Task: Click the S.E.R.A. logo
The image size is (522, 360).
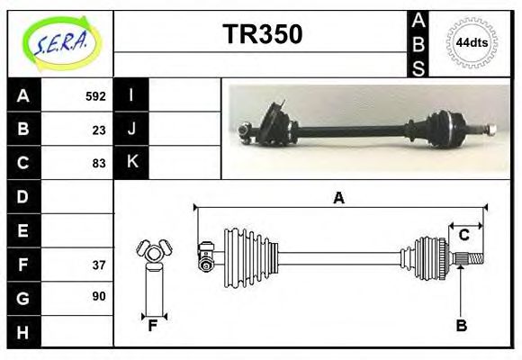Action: (x=61, y=43)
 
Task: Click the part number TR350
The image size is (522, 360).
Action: (x=263, y=33)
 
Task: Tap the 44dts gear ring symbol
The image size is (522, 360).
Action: (x=472, y=43)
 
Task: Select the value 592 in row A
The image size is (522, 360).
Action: (x=95, y=96)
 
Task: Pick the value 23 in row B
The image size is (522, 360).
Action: (x=99, y=130)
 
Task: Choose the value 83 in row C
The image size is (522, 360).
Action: (x=99, y=164)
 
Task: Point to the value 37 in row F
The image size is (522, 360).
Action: (x=99, y=265)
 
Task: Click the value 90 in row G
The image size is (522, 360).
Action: (x=99, y=296)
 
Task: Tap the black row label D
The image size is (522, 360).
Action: (x=23, y=197)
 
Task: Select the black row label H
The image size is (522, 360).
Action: (x=23, y=332)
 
